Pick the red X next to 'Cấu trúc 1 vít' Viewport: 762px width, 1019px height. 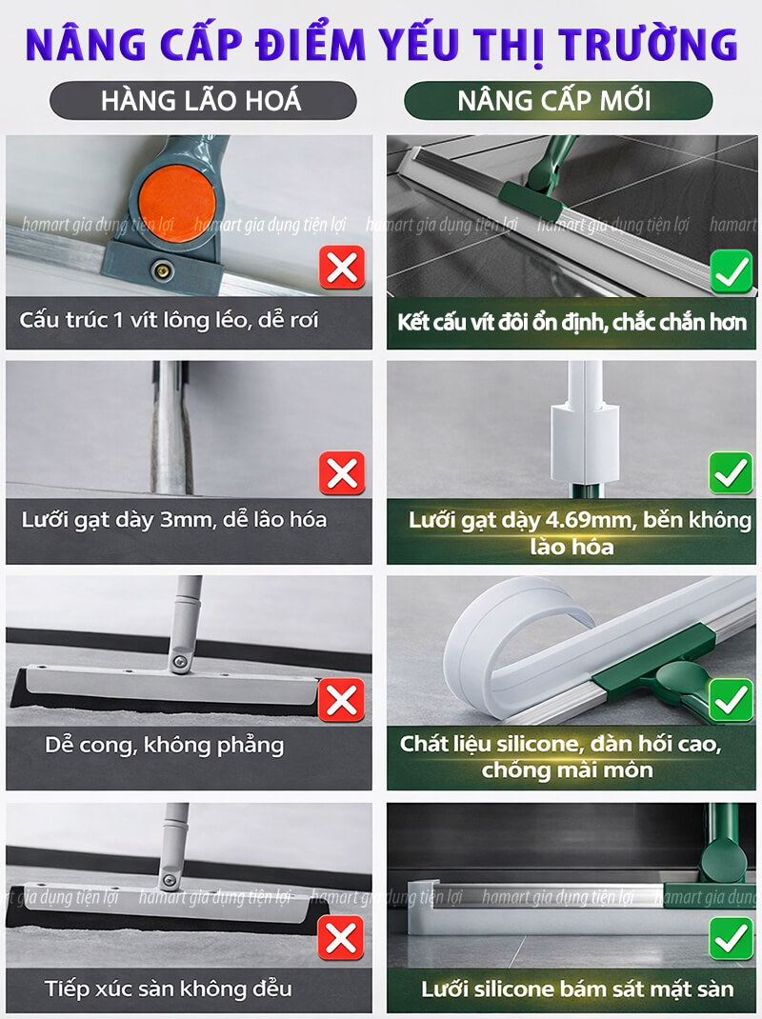341,270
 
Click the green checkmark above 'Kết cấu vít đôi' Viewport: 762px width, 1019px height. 732,272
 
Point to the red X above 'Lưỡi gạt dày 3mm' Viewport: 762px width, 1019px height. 341,472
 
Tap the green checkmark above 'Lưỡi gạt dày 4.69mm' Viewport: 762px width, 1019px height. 732,472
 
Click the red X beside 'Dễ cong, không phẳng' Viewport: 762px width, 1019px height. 341,700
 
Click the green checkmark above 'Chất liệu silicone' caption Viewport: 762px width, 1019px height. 732,700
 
